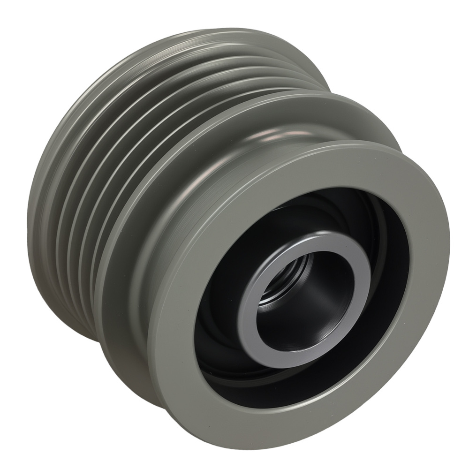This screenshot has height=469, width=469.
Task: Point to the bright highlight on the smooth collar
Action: click(x=277, y=136)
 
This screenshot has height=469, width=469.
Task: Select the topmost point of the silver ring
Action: click(x=319, y=234)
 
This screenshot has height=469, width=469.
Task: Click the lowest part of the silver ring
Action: click(x=281, y=366)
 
